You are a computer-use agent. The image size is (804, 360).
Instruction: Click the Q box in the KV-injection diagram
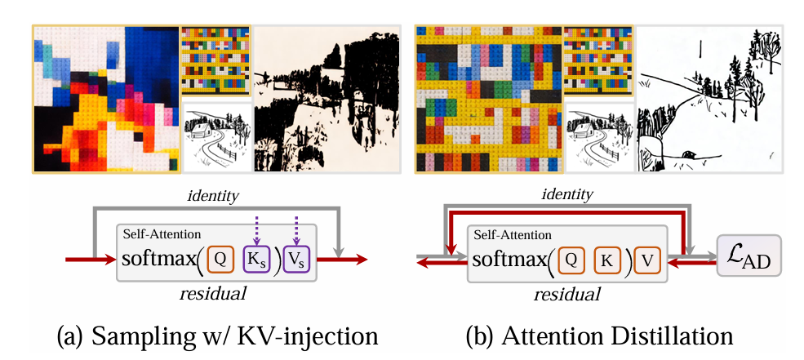pyautogui.click(x=220, y=260)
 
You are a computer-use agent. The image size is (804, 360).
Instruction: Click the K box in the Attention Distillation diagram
pyautogui.click(x=607, y=260)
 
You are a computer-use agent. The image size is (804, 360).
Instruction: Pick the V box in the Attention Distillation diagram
pyautogui.click(x=647, y=260)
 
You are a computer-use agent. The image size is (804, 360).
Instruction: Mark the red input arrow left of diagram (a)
pyautogui.click(x=90, y=260)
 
